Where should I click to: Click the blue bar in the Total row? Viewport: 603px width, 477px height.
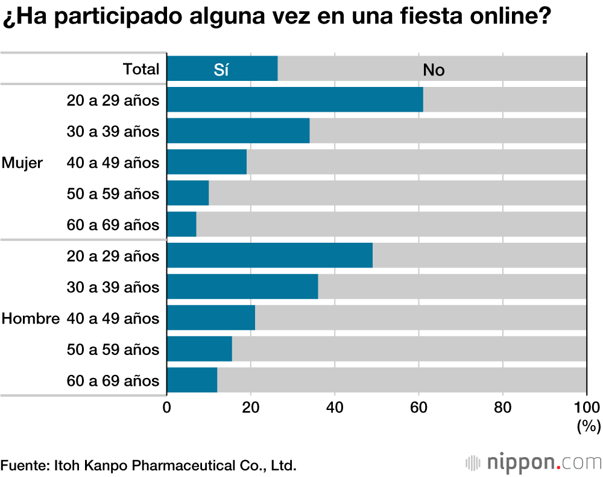(x=222, y=69)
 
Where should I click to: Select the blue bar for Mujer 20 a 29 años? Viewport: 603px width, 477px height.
(x=295, y=100)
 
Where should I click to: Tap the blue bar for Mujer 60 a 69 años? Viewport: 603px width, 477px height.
(x=182, y=225)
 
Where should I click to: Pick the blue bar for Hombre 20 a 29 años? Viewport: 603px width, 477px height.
(x=270, y=256)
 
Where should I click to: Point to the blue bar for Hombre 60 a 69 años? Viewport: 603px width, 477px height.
(x=192, y=380)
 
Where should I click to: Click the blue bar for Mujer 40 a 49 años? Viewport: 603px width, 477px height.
(x=207, y=162)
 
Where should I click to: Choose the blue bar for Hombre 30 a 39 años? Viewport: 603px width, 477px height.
(x=242, y=287)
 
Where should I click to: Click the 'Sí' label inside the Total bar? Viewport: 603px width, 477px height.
(x=221, y=69)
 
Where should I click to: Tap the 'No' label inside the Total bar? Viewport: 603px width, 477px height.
(x=434, y=70)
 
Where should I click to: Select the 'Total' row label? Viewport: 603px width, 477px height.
(x=141, y=69)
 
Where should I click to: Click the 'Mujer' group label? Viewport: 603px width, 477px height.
(x=22, y=163)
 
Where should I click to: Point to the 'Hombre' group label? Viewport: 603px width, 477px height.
(x=31, y=319)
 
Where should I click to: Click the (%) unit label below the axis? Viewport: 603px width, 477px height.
(x=589, y=426)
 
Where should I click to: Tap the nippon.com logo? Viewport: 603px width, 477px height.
(x=534, y=463)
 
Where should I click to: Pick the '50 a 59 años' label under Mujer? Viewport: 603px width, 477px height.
(x=113, y=194)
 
